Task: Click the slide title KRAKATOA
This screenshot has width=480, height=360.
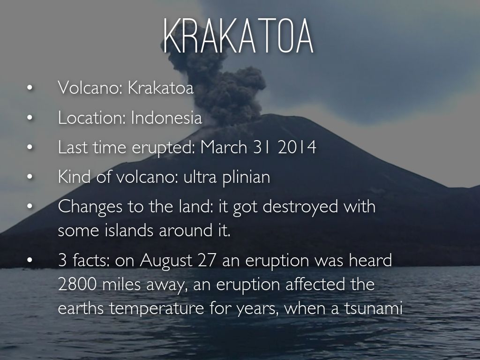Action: click(x=239, y=36)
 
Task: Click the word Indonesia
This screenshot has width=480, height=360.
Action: click(x=166, y=118)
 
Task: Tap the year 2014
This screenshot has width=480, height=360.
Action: click(x=297, y=147)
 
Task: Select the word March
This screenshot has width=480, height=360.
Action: click(x=224, y=147)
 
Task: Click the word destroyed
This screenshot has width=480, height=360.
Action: click(x=300, y=207)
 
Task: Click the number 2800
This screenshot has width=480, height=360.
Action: click(x=77, y=285)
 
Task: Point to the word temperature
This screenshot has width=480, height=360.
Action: click(x=157, y=308)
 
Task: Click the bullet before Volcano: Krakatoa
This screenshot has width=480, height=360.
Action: click(x=30, y=88)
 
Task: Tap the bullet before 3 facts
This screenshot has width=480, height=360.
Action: click(x=30, y=260)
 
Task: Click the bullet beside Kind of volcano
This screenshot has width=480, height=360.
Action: click(x=30, y=177)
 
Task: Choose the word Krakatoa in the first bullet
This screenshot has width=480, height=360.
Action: click(x=161, y=88)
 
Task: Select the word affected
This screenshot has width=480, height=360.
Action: click(x=315, y=284)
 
